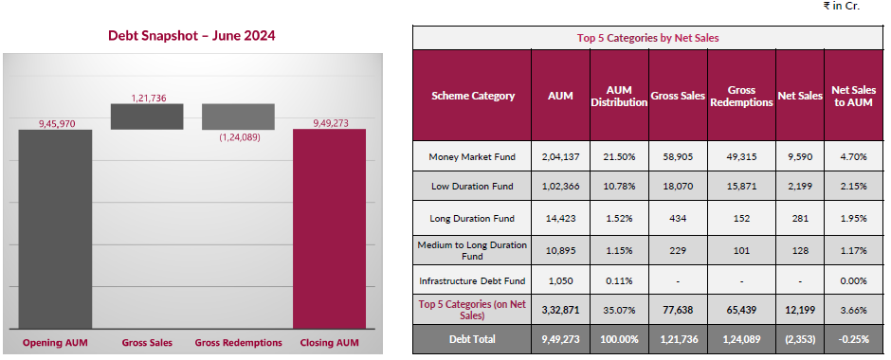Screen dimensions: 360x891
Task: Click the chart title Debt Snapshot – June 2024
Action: click(191, 36)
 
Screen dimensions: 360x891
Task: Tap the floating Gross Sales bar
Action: click(146, 116)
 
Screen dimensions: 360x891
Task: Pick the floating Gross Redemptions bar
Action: click(238, 116)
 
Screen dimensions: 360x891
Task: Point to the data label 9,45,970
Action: click(55, 123)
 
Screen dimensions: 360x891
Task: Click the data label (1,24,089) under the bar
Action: click(239, 137)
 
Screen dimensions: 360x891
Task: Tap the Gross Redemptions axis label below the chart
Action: click(239, 342)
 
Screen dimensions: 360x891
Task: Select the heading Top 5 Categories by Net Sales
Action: click(647, 38)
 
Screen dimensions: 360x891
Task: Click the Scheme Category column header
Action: click(473, 96)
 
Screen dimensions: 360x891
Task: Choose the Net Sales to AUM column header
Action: click(851, 96)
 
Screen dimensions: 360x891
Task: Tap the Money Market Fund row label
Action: click(472, 155)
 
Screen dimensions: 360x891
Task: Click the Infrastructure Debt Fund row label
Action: click(472, 280)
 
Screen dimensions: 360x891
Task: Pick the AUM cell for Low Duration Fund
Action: click(560, 187)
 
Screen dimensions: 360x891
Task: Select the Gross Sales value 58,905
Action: click(679, 155)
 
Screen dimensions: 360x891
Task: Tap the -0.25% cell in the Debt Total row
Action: click(851, 338)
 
